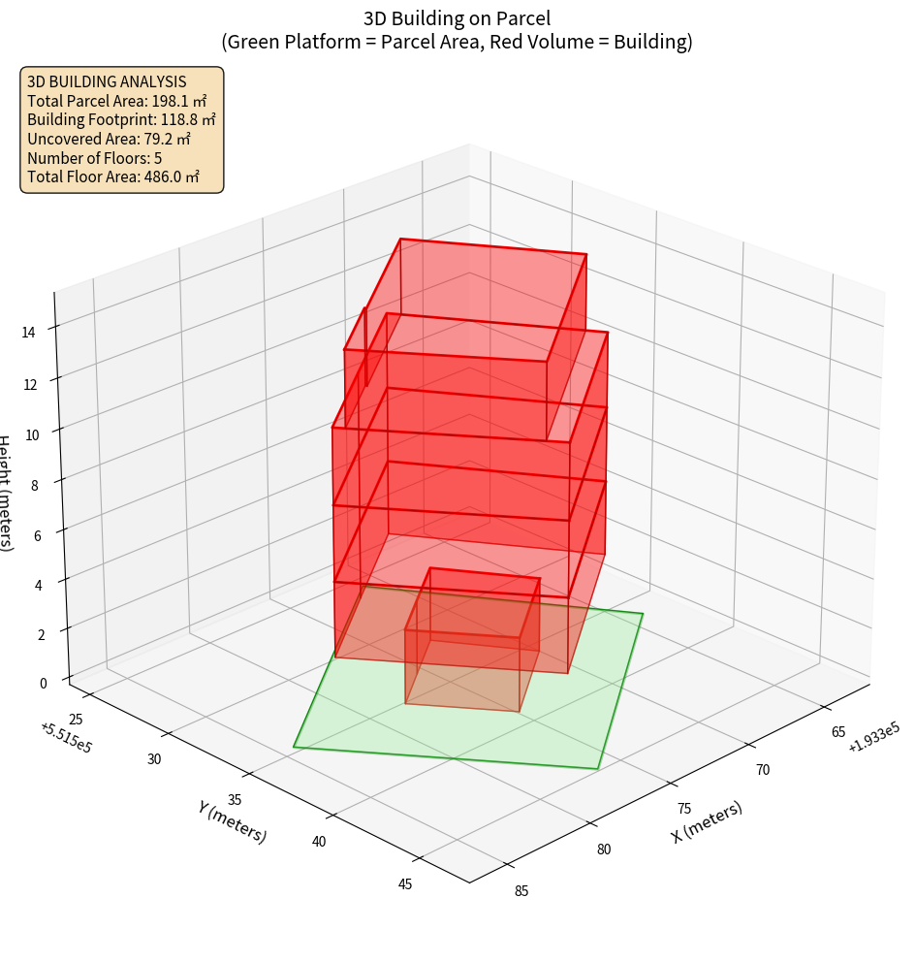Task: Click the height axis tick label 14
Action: [x=28, y=332]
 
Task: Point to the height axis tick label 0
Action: [x=42, y=683]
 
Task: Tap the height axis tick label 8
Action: [x=34, y=485]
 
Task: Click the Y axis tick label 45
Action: [x=405, y=883]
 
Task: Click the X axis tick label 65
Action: [x=839, y=732]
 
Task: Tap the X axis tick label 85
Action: [x=521, y=891]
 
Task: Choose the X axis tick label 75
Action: [x=684, y=809]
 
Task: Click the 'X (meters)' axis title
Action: [x=707, y=821]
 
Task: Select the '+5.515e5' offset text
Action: [x=66, y=738]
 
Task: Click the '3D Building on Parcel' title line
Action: [x=457, y=18]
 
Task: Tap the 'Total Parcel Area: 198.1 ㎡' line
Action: [x=116, y=100]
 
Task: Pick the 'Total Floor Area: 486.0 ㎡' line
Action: [x=112, y=177]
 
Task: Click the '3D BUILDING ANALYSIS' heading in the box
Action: [x=107, y=81]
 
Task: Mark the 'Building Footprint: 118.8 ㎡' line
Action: [x=121, y=119]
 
